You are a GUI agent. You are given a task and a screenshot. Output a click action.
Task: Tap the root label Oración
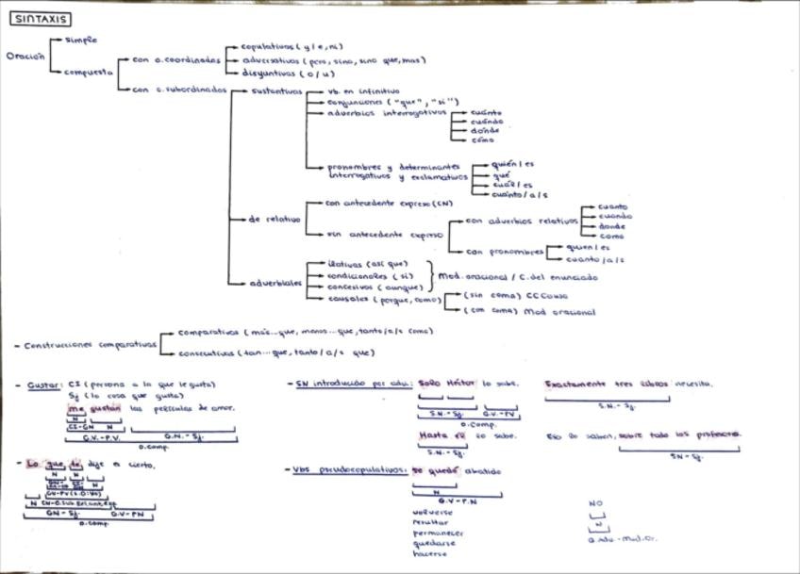(x=25, y=56)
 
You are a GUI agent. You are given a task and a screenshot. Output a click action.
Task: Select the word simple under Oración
(x=82, y=41)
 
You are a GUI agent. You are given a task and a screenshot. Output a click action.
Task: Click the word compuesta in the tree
(x=89, y=71)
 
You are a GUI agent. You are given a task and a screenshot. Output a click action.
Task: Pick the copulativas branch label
(x=267, y=46)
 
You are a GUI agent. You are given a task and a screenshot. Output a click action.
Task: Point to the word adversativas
(x=271, y=59)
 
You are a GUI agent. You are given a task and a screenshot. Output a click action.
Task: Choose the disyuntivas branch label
(x=269, y=73)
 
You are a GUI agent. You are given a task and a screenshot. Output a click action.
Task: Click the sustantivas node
(x=276, y=91)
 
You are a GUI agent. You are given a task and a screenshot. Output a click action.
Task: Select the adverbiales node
(x=276, y=282)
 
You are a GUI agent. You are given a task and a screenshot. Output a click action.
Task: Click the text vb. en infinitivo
(x=363, y=91)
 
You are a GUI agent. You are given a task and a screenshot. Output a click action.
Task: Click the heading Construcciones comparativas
(x=91, y=345)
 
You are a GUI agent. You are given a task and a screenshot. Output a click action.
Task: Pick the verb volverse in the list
(x=431, y=512)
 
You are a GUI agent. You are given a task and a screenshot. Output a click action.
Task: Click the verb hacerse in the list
(x=430, y=553)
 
